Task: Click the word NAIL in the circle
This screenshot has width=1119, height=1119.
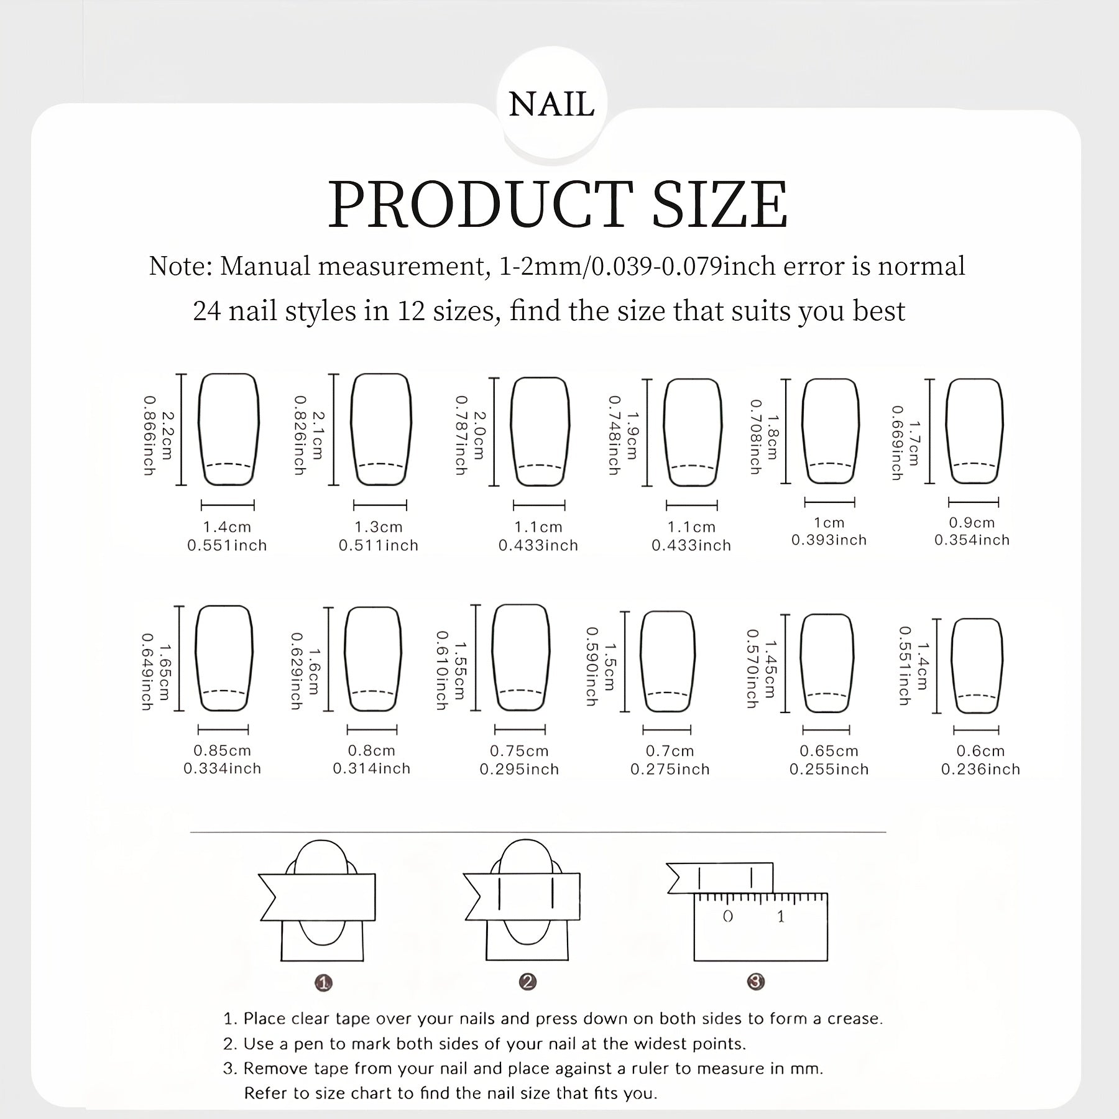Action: pos(551,104)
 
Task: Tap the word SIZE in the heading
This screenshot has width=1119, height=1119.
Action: pos(719,205)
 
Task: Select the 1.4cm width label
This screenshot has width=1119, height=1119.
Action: pos(227,527)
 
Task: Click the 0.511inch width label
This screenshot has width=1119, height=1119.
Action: pos(379,546)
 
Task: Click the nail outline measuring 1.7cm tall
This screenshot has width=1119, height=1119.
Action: pos(974,431)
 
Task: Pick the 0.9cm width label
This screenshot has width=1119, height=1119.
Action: pos(972,523)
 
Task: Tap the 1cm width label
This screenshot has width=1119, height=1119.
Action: pos(829,523)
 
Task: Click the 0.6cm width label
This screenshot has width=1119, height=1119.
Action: pos(980,751)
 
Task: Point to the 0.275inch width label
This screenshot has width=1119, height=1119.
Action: pos(670,770)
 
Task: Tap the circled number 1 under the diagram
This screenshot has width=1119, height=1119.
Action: pos(323,983)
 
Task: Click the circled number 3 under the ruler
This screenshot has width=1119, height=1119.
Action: pos(755,982)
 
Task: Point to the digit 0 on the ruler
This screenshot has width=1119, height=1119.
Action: pos(728,916)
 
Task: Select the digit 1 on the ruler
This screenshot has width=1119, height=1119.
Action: pos(781,916)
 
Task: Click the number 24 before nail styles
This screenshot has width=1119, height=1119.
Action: pos(207,311)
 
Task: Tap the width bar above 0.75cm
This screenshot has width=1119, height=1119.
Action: pos(520,729)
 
